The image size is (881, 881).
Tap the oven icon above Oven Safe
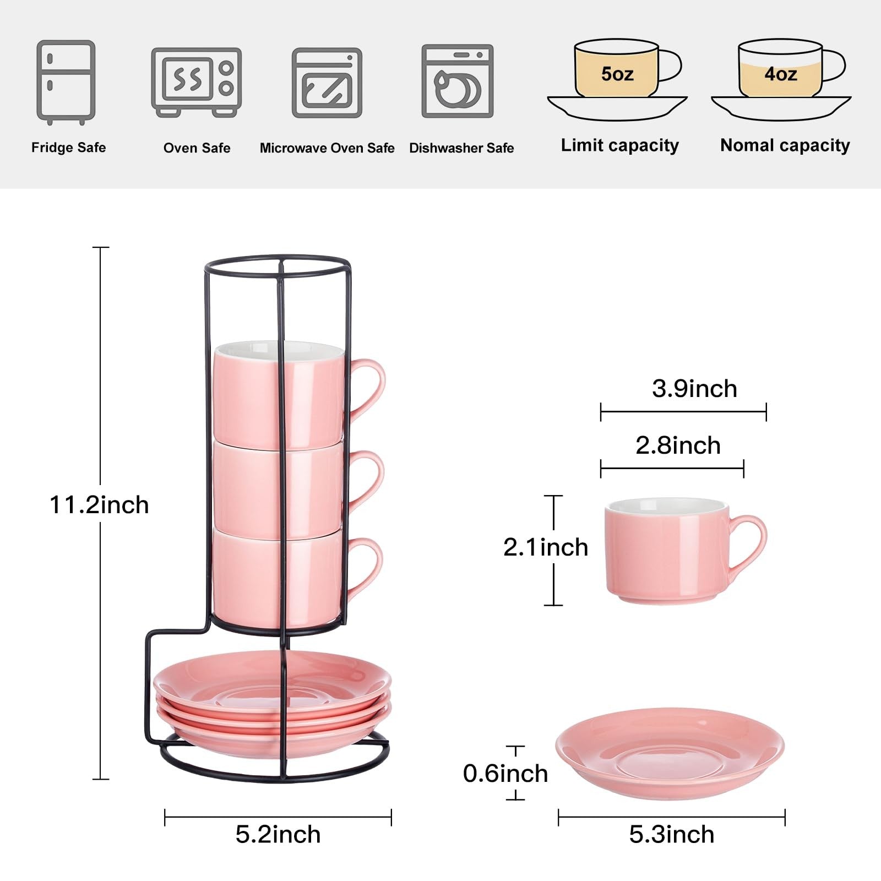[x=197, y=82]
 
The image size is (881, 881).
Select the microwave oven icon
[x=327, y=83]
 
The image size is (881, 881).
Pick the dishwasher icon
[x=458, y=81]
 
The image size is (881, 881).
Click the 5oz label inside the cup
[x=617, y=74]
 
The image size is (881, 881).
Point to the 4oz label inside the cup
[x=781, y=74]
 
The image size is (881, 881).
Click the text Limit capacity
[x=620, y=145]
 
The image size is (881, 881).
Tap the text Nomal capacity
[x=785, y=145]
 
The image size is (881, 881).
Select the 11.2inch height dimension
[x=99, y=505]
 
